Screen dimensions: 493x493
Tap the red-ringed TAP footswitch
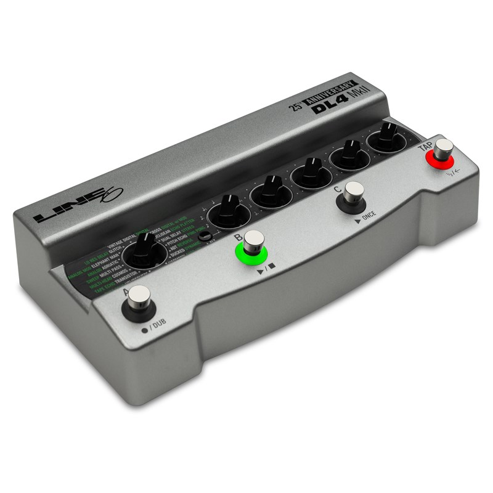pos(442,150)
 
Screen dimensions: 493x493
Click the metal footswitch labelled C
pos(354,193)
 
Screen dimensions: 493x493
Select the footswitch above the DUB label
pos(141,299)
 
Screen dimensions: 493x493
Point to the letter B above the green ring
pos(237,236)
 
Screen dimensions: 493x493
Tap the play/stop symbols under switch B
pos(267,269)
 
